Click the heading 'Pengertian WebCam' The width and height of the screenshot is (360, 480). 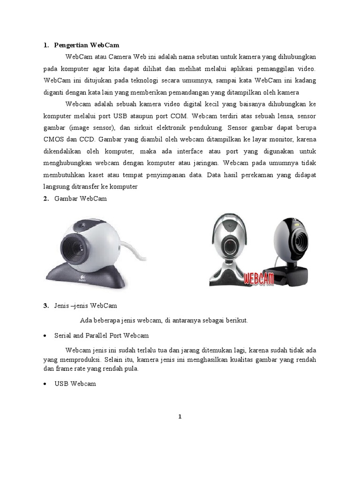click(87, 45)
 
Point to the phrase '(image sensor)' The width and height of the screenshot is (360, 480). click(90, 127)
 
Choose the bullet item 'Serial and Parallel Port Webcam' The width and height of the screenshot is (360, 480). click(101, 336)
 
